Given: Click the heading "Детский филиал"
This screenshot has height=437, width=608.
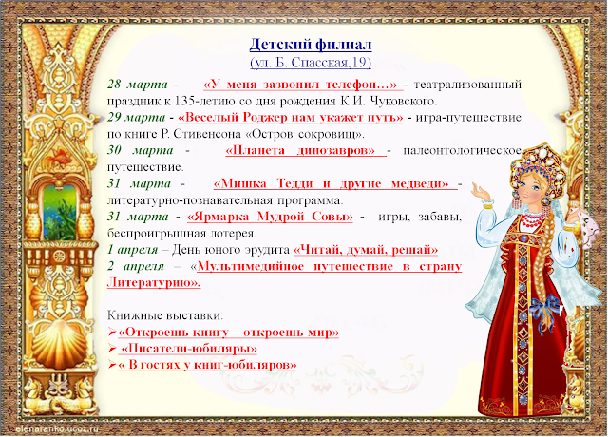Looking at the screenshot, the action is tap(311, 45).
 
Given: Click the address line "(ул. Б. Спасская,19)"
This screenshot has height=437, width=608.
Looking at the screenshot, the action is tap(311, 63).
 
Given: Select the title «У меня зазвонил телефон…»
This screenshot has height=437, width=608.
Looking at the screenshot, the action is tap(301, 85).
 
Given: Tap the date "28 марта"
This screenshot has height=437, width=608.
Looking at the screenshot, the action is tap(138, 85).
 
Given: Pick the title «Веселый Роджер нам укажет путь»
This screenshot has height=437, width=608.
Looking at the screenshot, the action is tap(291, 117).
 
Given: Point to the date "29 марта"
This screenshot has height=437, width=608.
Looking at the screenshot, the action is tap(137, 117).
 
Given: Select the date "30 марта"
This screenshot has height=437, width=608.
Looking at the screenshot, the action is tap(141, 150).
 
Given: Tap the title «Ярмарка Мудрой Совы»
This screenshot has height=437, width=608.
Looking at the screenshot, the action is tap(270, 217).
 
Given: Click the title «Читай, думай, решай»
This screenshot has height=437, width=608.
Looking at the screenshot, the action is tap(366, 249).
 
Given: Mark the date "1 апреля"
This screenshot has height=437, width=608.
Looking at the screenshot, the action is tap(133, 249).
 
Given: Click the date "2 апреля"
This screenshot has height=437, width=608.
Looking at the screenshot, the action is tap(136, 266).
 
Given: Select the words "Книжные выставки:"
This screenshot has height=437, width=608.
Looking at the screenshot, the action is tap(165, 315).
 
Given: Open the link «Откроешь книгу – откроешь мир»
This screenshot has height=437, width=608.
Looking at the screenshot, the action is tap(228, 332).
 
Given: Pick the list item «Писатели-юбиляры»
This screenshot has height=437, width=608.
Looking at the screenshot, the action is tap(189, 349).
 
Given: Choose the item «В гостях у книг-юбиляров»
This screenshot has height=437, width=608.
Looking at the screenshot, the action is tap(207, 365).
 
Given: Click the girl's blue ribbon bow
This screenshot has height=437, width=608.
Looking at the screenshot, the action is tap(545, 306).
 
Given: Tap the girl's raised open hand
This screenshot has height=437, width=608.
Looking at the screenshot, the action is tap(479, 191).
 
